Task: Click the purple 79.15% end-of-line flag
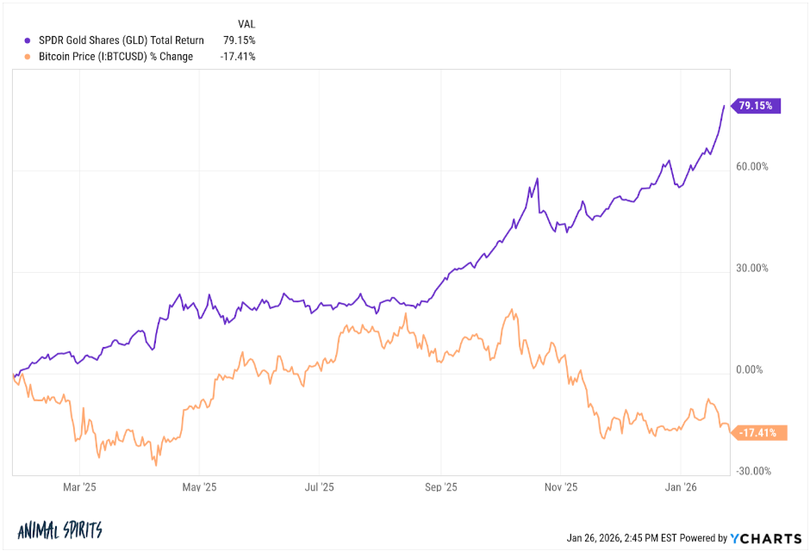tap(757, 106)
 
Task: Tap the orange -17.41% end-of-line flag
tap(759, 433)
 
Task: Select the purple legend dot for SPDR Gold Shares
tap(28, 40)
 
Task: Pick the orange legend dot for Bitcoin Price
tap(28, 57)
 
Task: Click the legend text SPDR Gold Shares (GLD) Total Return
tap(121, 40)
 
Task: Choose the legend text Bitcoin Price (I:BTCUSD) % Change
tap(116, 57)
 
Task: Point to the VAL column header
tap(246, 23)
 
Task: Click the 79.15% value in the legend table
tap(239, 40)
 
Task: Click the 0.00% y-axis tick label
tap(751, 370)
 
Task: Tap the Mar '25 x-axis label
tap(79, 487)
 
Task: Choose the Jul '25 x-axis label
tap(320, 487)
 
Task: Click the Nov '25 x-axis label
tap(561, 487)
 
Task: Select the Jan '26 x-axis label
tap(681, 487)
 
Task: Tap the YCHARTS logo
tap(762, 538)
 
